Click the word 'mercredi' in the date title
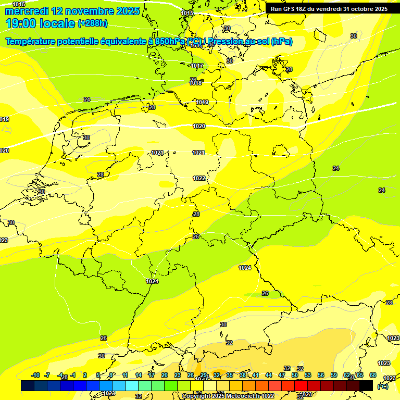click(27, 10)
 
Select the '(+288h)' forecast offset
click(92, 23)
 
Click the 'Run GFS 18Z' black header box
click(329, 8)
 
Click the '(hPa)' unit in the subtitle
click(280, 42)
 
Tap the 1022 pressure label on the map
click(199, 178)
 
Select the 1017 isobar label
click(196, 66)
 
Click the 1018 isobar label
click(195, 83)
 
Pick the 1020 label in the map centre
click(198, 126)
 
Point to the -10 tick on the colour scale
click(36, 375)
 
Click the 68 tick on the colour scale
click(373, 375)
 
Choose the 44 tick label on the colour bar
click(269, 375)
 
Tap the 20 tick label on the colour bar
click(164, 375)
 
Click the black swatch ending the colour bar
click(366, 385)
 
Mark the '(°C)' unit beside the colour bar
click(382, 386)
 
